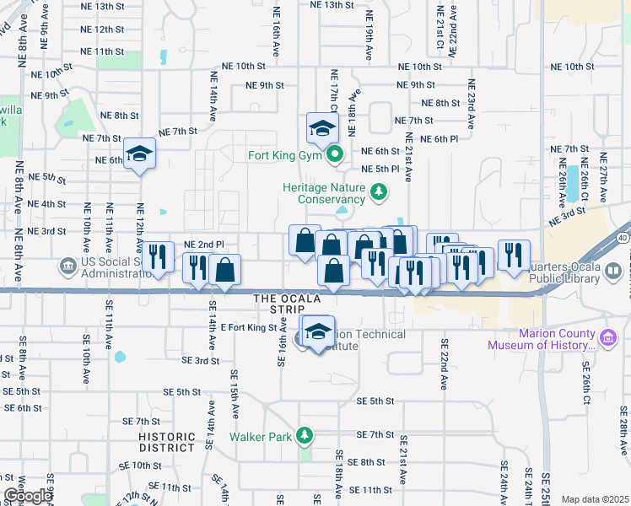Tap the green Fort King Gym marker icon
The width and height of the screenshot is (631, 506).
click(x=335, y=154)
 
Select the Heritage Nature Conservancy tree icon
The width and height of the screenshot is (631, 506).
click(x=379, y=193)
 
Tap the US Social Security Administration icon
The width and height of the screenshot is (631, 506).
click(x=67, y=266)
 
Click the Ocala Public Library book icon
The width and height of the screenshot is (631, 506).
click(x=615, y=271)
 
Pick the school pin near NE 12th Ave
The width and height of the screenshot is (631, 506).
click(x=139, y=154)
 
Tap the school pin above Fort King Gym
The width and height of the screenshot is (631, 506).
click(x=321, y=129)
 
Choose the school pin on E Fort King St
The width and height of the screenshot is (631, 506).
click(x=317, y=331)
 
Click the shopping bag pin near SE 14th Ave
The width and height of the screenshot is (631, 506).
click(x=224, y=270)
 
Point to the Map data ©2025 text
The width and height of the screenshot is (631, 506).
click(x=595, y=499)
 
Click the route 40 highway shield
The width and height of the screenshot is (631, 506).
click(x=622, y=239)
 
